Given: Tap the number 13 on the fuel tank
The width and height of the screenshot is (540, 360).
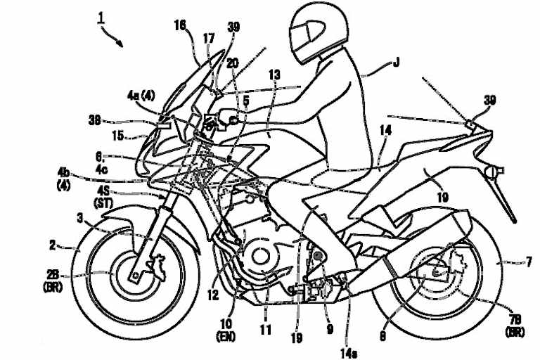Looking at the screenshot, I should (274, 75).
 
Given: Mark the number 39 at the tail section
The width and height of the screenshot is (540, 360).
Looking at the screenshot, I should (488, 101).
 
